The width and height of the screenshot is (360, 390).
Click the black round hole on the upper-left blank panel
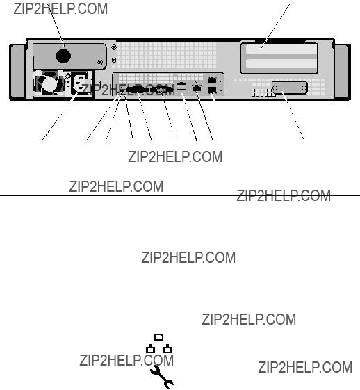pyautogui.click(x=63, y=56)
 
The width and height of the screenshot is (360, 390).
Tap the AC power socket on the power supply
pyautogui.click(x=80, y=83)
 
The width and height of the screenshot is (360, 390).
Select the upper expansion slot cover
pyautogui.click(x=281, y=49)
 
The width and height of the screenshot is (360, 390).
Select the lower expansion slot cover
pyautogui.click(x=281, y=64)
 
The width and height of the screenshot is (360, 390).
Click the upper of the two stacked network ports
pyautogui.click(x=212, y=81)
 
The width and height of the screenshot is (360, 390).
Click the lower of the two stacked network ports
pyautogui.click(x=212, y=90)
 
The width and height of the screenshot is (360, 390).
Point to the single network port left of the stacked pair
pyautogui.click(x=197, y=88)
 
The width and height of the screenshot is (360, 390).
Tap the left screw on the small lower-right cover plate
pyautogui.click(x=275, y=88)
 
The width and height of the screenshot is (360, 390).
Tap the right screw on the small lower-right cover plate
pyautogui.click(x=304, y=88)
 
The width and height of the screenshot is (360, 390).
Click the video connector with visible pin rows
pyautogui.click(x=161, y=90)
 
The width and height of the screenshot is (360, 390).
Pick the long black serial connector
pyautogui.click(x=137, y=90)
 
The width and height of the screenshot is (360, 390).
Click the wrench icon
pyautogui.click(x=162, y=377)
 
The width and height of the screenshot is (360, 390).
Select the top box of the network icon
pyautogui.click(x=159, y=337)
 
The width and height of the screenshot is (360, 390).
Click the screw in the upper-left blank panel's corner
pyautogui.click(x=100, y=62)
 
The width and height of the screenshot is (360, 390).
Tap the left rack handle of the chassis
pyautogui.click(x=17, y=72)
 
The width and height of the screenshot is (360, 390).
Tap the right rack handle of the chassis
pyautogui.click(x=343, y=72)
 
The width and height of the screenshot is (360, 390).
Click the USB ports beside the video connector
pyautogui.click(x=181, y=88)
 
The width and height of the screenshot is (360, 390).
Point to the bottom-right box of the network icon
pyautogui.click(x=167, y=349)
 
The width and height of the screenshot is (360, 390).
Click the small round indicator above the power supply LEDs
pyautogui.click(x=67, y=75)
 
